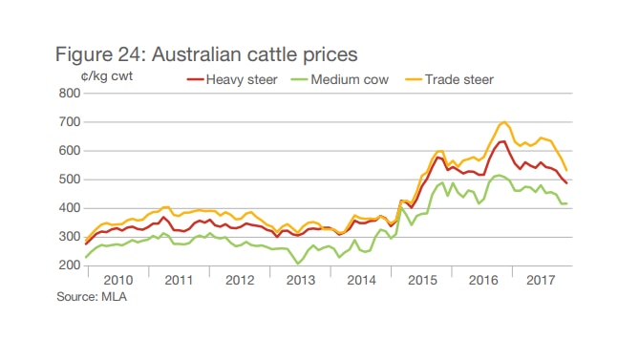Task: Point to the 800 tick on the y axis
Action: click(69, 94)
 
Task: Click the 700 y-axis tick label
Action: click(69, 122)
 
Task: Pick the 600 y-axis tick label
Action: click(69, 151)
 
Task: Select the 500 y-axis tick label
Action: click(69, 180)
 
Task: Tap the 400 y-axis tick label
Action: click(69, 208)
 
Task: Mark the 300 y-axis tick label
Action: click(69, 237)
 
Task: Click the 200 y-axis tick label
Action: click(69, 265)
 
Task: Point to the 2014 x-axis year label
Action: click(360, 281)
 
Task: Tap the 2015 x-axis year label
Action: click(420, 281)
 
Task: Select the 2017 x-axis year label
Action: click(542, 281)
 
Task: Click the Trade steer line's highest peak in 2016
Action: click(503, 122)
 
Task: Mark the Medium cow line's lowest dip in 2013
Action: click(299, 264)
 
